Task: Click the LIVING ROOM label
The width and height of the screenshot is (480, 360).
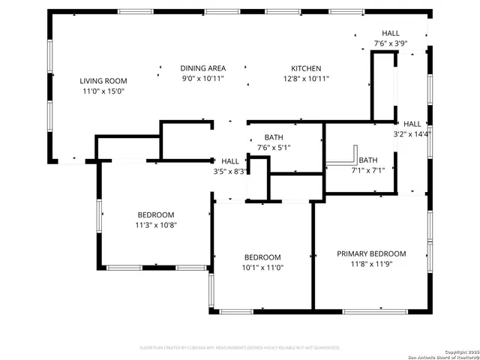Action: coord(103,81)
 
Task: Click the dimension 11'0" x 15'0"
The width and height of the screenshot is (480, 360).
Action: coord(103,91)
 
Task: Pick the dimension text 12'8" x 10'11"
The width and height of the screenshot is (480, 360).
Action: coord(306,79)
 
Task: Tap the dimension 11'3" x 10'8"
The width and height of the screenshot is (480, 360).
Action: coord(155,225)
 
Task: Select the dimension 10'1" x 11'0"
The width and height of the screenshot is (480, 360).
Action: coord(262,268)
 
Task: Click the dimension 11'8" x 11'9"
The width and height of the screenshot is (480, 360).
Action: coord(370,264)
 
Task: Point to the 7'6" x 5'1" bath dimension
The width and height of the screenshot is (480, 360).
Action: coord(273,148)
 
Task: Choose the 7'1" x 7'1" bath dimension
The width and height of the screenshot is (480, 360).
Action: coord(367,170)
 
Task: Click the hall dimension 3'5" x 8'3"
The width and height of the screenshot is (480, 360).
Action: coord(230,172)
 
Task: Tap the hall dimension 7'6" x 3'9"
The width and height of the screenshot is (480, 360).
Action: coord(391,44)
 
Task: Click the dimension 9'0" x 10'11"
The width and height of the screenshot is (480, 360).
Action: coord(202,79)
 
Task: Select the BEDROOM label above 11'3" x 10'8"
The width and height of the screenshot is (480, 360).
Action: coord(155,214)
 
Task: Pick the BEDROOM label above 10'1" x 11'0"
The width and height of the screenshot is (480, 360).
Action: coord(262,257)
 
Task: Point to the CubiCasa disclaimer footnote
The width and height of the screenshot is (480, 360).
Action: coord(240,348)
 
